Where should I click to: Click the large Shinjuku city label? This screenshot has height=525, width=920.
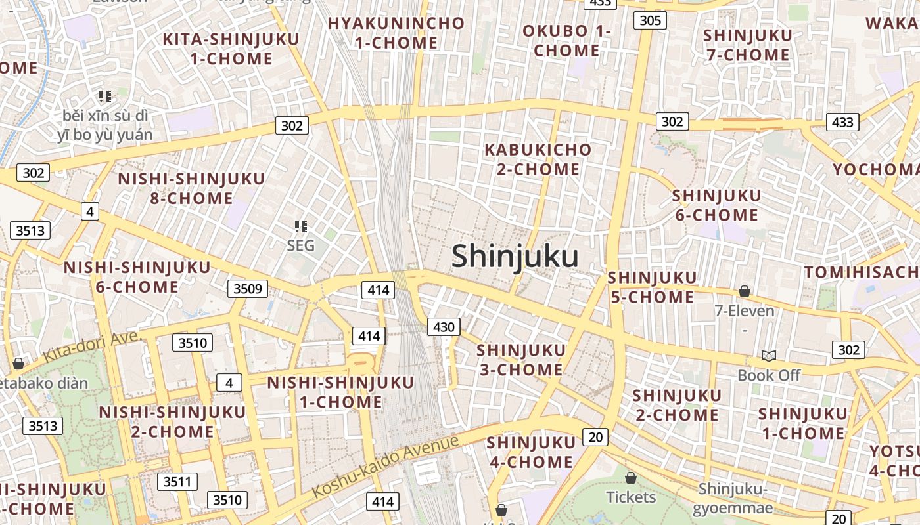coord(515,257)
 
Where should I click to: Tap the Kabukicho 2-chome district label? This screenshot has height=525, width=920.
coord(538,159)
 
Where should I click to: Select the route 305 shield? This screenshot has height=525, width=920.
coord(650,20)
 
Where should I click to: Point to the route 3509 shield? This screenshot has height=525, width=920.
coord(248,288)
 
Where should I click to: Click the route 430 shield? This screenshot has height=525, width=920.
coord(444,327)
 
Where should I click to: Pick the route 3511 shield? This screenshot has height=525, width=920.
coord(177,482)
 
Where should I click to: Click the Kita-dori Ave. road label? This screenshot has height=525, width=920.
coord(93,346)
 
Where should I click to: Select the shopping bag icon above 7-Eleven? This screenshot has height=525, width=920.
coord(745,291)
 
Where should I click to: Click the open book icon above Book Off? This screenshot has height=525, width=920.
coord(769,356)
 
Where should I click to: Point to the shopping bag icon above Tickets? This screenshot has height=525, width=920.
coord(631,478)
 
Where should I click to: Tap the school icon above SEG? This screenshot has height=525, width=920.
coord(301,226)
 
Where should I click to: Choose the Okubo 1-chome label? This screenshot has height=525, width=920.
coord(566,41)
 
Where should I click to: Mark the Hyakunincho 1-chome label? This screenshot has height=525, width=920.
coord(396,33)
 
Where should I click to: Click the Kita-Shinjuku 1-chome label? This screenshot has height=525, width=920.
coord(231,49)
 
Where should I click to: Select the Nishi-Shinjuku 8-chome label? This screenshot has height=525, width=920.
coord(191,188)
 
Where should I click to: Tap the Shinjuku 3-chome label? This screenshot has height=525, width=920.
coord(520,360)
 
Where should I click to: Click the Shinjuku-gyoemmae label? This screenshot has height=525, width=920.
coord(732,499)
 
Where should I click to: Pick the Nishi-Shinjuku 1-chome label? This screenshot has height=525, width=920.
coord(340,392)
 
